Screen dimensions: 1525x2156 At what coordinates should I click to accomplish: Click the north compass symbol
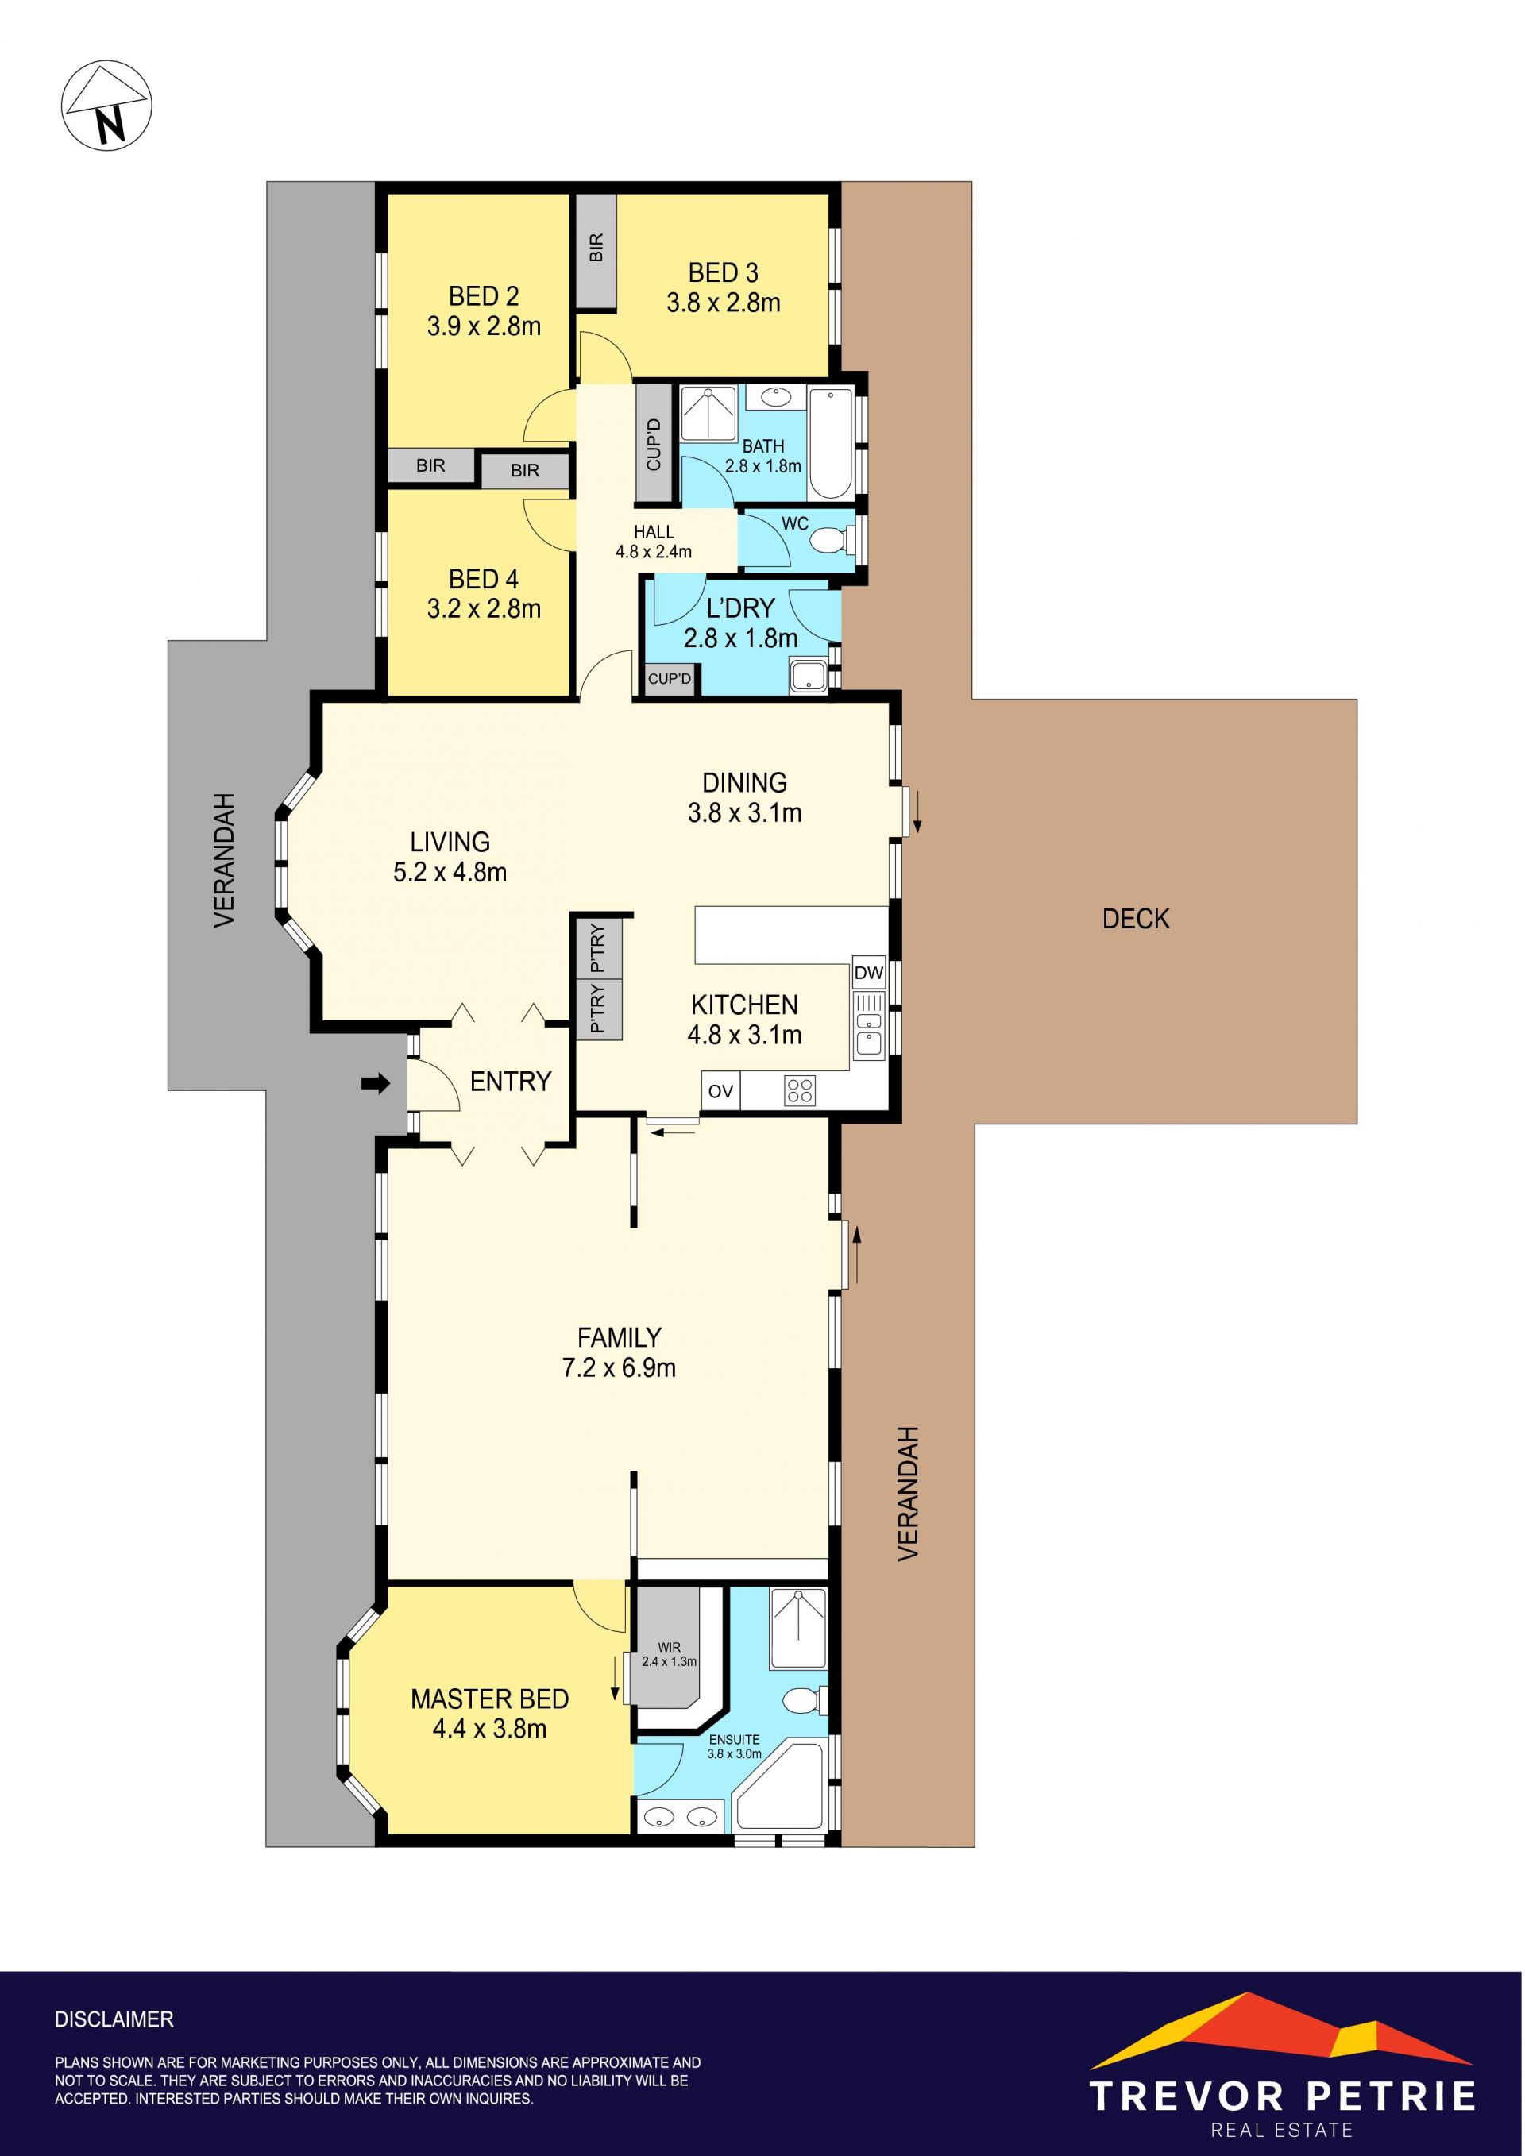[106, 104]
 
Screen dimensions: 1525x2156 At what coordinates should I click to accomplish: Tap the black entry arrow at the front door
[376, 1085]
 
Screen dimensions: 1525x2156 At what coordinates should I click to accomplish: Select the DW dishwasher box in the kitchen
[869, 973]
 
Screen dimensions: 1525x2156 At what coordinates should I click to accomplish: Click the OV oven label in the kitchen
[720, 1091]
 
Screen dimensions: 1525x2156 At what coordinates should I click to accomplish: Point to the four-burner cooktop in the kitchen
[800, 1091]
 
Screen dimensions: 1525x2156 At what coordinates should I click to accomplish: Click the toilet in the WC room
[831, 541]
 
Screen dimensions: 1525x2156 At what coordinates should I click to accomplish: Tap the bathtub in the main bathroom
[830, 443]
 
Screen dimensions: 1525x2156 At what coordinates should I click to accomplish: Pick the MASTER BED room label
[489, 1699]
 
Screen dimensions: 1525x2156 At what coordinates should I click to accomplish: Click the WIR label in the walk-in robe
[669, 1647]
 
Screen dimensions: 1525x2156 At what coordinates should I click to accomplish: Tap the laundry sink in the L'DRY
[808, 677]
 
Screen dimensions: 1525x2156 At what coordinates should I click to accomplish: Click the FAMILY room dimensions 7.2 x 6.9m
[619, 1367]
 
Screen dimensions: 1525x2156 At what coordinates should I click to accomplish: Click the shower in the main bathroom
[709, 413]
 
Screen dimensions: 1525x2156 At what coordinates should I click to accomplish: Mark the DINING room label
[745, 782]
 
